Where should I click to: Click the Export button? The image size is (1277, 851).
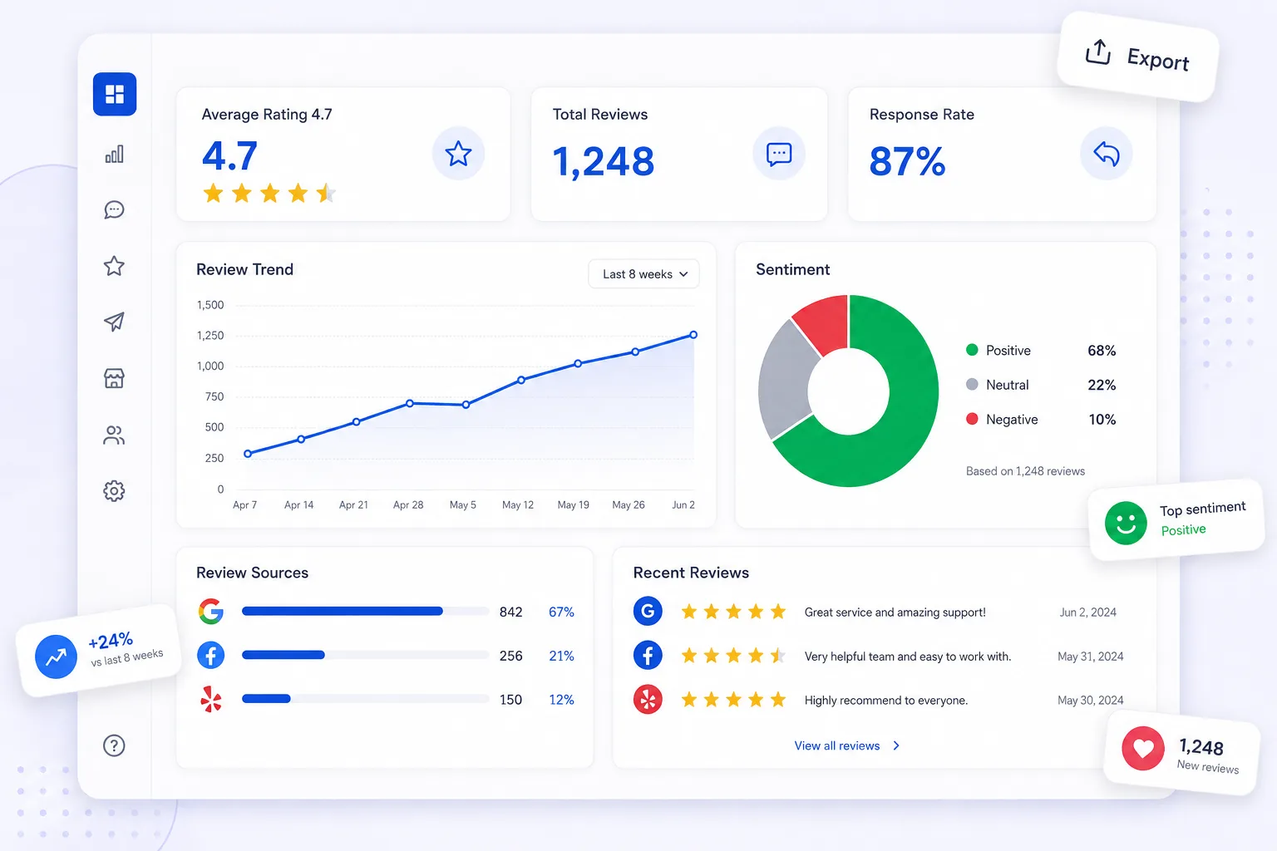[1138, 57]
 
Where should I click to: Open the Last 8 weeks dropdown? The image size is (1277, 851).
[643, 274]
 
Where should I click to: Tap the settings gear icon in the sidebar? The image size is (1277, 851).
[114, 491]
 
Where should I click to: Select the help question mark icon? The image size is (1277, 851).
[114, 745]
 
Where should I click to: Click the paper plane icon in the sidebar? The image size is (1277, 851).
[114, 322]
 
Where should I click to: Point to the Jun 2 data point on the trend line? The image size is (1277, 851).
[693, 335]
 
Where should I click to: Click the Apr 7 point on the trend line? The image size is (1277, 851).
[248, 454]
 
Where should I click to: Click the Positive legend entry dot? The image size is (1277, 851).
[972, 350]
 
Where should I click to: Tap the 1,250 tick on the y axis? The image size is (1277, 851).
[210, 336]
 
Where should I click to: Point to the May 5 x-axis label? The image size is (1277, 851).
[462, 505]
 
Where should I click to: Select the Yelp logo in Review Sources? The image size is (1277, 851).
[211, 700]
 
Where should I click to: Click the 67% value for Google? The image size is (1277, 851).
[561, 612]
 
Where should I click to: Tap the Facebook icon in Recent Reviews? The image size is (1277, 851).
[648, 656]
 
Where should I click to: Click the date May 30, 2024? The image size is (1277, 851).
[1090, 701]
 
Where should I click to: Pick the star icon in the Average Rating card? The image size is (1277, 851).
[458, 154]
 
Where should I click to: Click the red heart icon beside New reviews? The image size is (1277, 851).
[1143, 749]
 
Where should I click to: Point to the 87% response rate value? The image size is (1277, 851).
[907, 161]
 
